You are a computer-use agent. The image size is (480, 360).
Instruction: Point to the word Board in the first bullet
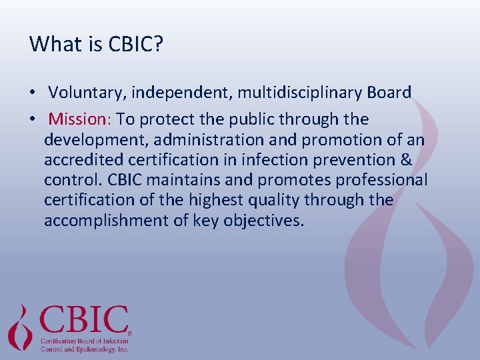[389, 93]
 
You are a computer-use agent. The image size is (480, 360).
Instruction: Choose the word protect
[165, 119]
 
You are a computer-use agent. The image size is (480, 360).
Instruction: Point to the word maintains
[166, 180]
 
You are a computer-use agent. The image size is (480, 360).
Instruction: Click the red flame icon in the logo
[21, 327]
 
